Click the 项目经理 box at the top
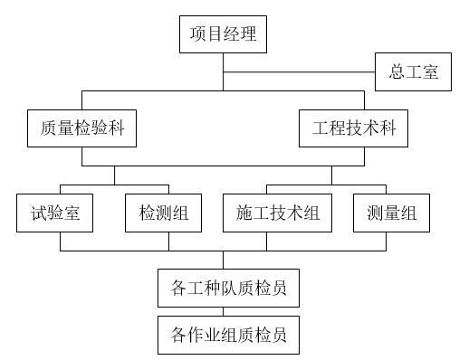(224, 35)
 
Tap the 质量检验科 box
(81, 128)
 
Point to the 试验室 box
(55, 213)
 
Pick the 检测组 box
(164, 213)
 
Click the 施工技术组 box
(278, 213)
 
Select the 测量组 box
(392, 213)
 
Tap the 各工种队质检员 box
(228, 289)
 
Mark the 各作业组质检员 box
(228, 335)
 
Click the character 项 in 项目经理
(198, 35)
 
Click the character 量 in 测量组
(392, 213)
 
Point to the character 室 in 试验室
(77, 213)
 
